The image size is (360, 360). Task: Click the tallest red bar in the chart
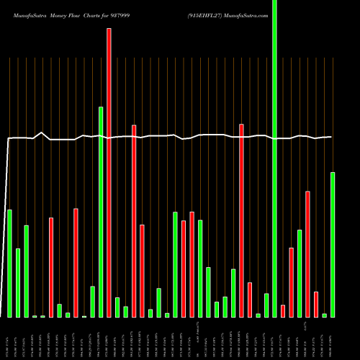click(x=109, y=173)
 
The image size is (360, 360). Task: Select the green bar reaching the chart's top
click(x=274, y=158)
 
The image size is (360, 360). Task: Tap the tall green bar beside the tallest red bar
click(x=101, y=212)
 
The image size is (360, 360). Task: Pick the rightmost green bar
click(x=333, y=244)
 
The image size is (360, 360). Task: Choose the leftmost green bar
click(x=9, y=263)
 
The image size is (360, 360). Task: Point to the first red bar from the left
click(x=51, y=267)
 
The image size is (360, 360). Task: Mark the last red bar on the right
click(x=316, y=304)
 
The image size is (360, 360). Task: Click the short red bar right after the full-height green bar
click(x=283, y=310)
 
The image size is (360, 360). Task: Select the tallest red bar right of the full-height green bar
click(x=307, y=253)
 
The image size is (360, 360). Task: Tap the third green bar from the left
click(x=26, y=271)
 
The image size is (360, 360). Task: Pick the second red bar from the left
click(x=76, y=263)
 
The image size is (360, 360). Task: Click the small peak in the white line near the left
click(x=42, y=132)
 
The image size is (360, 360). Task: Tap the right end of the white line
click(x=332, y=137)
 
